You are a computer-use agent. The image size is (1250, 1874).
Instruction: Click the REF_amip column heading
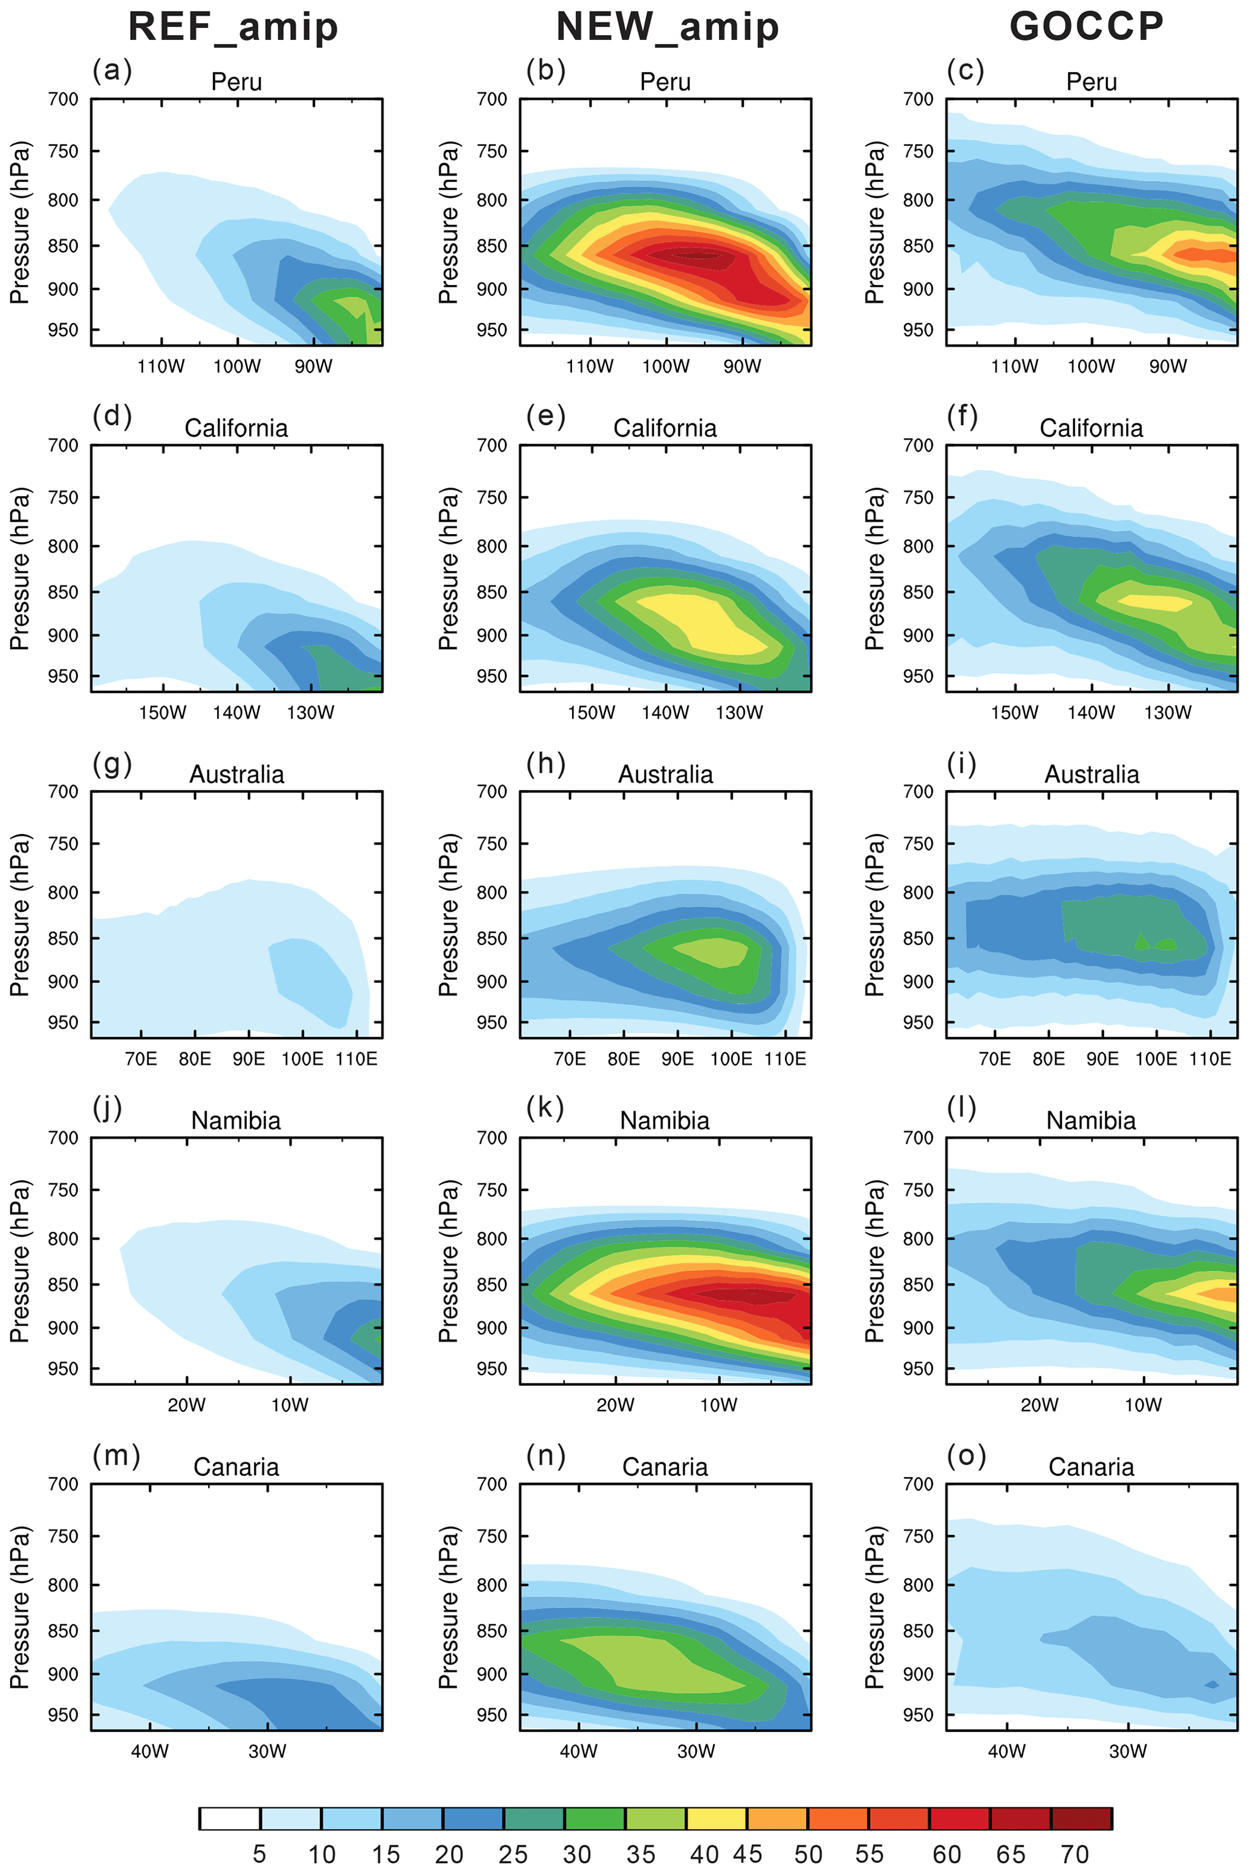[233, 27]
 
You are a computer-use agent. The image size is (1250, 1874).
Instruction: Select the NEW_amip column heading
[666, 27]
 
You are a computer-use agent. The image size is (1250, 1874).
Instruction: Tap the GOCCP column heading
[1087, 27]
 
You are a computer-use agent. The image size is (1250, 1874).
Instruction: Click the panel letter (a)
[112, 70]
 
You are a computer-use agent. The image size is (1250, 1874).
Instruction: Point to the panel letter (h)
[546, 763]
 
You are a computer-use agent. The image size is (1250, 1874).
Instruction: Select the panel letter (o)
[966, 1455]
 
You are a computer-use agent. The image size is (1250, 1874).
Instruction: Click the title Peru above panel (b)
[665, 82]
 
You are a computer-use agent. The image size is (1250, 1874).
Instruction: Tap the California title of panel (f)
[1090, 428]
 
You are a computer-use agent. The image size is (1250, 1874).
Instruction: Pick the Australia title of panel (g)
[237, 774]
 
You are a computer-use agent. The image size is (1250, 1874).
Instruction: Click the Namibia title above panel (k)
[665, 1120]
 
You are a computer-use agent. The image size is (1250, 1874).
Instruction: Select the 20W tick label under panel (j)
[186, 1405]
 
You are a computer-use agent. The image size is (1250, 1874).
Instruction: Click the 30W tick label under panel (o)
[1127, 1751]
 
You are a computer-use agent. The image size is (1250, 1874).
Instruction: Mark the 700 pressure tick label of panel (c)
[917, 100]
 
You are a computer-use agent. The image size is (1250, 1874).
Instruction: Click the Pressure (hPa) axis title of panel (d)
[20, 569]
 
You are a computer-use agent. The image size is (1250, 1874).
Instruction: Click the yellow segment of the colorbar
[717, 1818]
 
